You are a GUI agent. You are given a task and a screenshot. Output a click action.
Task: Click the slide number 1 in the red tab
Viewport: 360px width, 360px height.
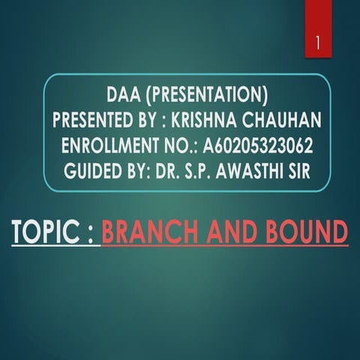318,43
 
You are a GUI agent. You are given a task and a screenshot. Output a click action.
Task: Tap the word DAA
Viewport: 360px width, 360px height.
124,95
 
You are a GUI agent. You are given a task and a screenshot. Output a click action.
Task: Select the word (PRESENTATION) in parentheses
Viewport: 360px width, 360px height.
207,95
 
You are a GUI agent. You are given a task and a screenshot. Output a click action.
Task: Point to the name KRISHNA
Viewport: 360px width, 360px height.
204,120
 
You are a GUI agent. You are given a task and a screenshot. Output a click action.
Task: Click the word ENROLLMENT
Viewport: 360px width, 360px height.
110,145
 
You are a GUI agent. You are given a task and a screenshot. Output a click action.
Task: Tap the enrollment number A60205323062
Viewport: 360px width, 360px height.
258,145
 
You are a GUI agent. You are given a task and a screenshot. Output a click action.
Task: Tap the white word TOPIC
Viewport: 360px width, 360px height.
45,231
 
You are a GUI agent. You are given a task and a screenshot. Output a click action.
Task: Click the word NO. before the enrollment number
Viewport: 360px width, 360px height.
181,145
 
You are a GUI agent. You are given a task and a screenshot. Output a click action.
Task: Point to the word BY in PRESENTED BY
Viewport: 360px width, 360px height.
145,120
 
